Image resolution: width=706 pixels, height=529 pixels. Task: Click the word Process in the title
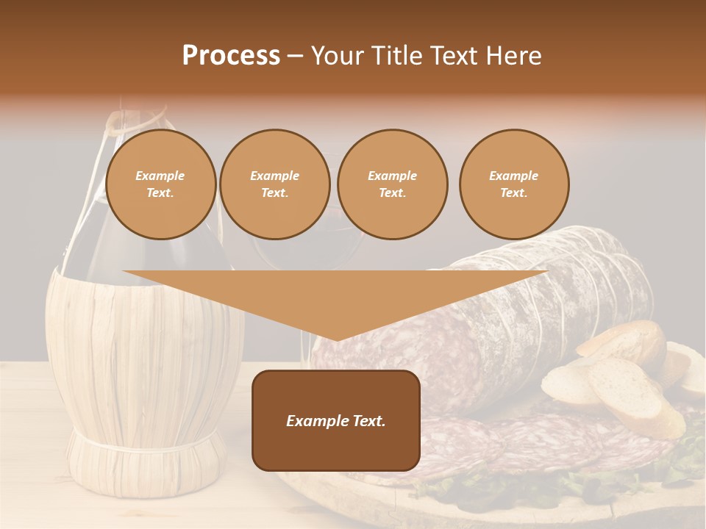(231, 56)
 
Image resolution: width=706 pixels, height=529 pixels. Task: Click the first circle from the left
(161, 184)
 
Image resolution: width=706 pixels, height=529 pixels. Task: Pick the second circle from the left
(275, 184)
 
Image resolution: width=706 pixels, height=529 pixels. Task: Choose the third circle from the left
(393, 184)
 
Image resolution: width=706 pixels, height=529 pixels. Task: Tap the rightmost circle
(514, 184)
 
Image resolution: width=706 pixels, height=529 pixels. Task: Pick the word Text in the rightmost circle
(514, 193)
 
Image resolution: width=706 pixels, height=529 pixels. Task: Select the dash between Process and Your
(296, 56)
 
